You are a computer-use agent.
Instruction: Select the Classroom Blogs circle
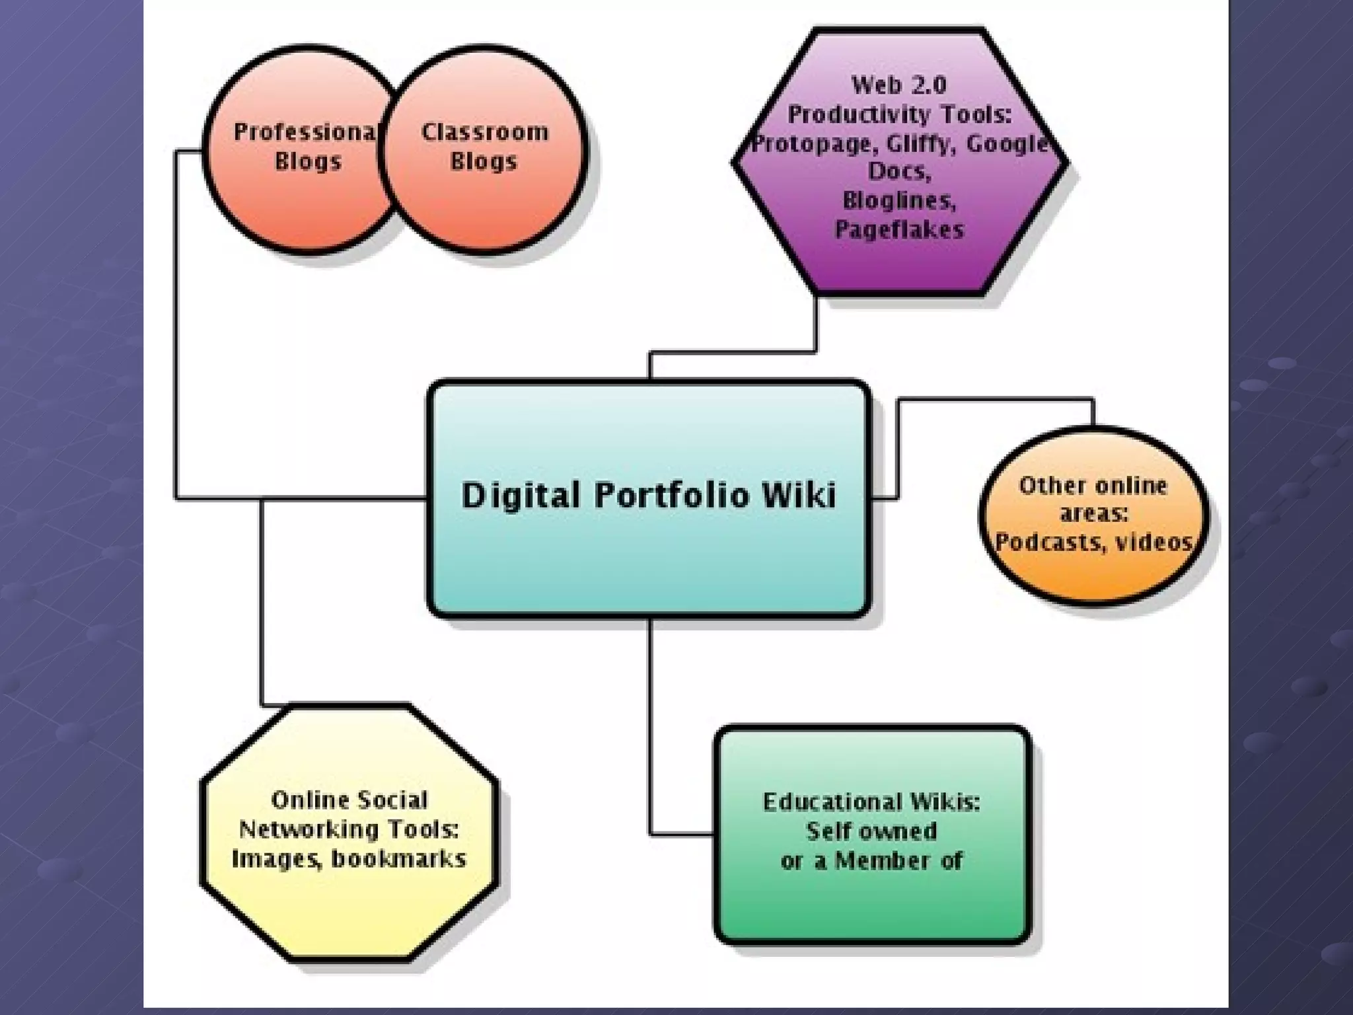click(x=484, y=198)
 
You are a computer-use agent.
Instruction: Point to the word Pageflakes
click(x=899, y=230)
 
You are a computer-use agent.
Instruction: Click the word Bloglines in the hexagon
click(x=899, y=200)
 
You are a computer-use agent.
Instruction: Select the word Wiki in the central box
click(x=799, y=496)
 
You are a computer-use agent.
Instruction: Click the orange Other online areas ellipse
click(x=1094, y=575)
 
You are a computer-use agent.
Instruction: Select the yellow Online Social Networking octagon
click(x=349, y=912)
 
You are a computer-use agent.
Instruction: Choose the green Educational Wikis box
click(x=872, y=905)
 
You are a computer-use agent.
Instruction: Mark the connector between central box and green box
click(x=650, y=727)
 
